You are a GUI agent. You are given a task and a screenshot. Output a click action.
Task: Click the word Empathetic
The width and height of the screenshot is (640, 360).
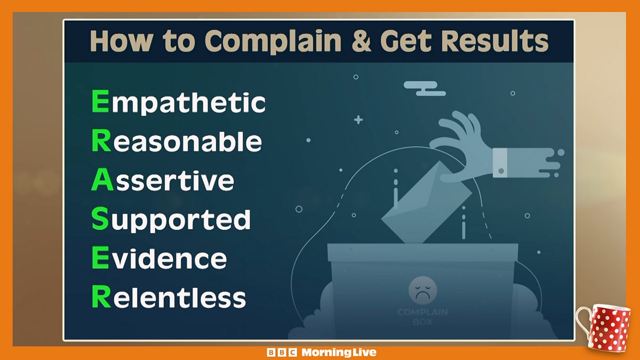coord(179,102)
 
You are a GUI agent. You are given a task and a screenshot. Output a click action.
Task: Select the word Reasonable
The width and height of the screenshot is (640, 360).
coord(177,141)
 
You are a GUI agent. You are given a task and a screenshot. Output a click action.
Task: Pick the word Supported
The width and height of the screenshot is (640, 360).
coord(171,219)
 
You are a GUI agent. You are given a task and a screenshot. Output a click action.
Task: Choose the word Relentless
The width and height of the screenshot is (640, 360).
coord(169,297)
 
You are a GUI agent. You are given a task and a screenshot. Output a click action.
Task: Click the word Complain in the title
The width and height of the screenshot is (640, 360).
coord(273,42)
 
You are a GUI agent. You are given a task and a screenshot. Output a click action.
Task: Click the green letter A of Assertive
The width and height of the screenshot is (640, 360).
coord(102,179)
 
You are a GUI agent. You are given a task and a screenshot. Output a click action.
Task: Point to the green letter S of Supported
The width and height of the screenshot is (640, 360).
coord(100,219)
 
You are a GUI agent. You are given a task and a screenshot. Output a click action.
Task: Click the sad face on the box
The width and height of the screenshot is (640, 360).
coord(422,290)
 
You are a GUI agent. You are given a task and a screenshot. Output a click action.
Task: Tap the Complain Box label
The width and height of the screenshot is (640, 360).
coord(422,317)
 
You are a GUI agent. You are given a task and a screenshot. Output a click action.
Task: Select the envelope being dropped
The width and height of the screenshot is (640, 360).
coord(426,203)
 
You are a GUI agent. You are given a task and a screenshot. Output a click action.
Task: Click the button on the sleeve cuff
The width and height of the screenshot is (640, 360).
coord(501,171)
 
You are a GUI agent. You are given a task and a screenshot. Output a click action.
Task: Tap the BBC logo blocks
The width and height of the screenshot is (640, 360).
coord(282,353)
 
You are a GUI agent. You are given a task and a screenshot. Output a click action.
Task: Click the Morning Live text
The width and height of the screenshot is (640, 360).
coord(339,353)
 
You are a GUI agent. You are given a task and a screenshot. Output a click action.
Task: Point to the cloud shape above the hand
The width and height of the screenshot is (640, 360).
coord(425,89)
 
